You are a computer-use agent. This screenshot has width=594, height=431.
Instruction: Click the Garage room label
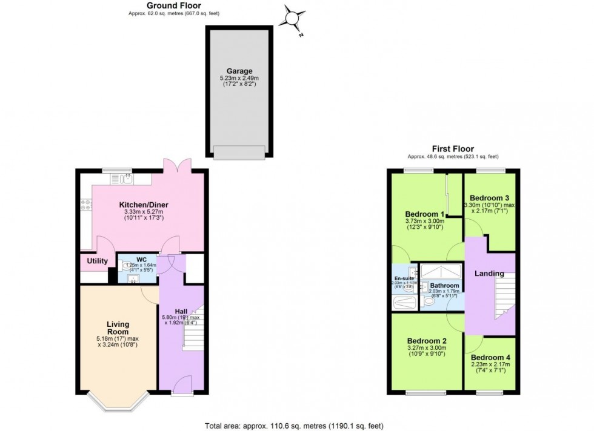click(x=240, y=71)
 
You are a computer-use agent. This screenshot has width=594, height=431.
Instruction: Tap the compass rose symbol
click(x=293, y=18)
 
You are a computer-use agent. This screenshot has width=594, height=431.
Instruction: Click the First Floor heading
click(x=452, y=148)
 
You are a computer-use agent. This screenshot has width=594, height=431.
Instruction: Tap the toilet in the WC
click(x=128, y=266)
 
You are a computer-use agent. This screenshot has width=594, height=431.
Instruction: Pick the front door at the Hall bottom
click(x=182, y=385)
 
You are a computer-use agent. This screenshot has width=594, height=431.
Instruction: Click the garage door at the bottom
click(x=239, y=153)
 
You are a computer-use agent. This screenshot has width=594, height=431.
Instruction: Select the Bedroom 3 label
click(x=489, y=198)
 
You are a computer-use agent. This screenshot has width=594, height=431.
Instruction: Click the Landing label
click(x=489, y=274)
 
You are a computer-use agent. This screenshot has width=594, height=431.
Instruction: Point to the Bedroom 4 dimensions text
click(x=490, y=367)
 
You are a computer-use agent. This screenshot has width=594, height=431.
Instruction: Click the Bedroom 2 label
click(x=425, y=340)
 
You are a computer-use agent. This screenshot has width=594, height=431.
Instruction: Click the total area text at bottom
click(x=294, y=426)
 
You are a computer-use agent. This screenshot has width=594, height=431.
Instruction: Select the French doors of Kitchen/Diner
click(x=172, y=166)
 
